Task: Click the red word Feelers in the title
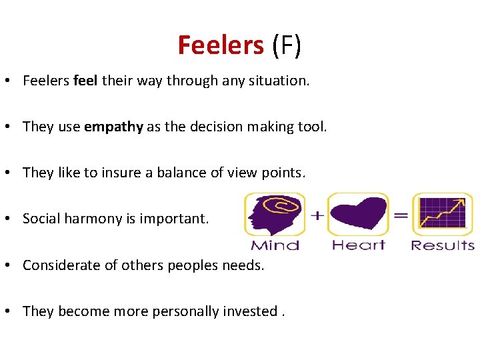(221, 45)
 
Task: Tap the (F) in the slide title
(287, 45)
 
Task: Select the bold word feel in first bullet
(86, 81)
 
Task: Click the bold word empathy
(113, 127)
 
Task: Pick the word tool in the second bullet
(313, 127)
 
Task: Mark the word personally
(186, 311)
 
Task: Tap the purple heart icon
(358, 215)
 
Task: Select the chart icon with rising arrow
(442, 215)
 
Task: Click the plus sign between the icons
(317, 215)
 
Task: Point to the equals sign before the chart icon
(401, 215)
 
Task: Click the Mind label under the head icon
(275, 245)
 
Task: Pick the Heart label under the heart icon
(359, 245)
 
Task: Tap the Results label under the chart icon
(443, 245)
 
